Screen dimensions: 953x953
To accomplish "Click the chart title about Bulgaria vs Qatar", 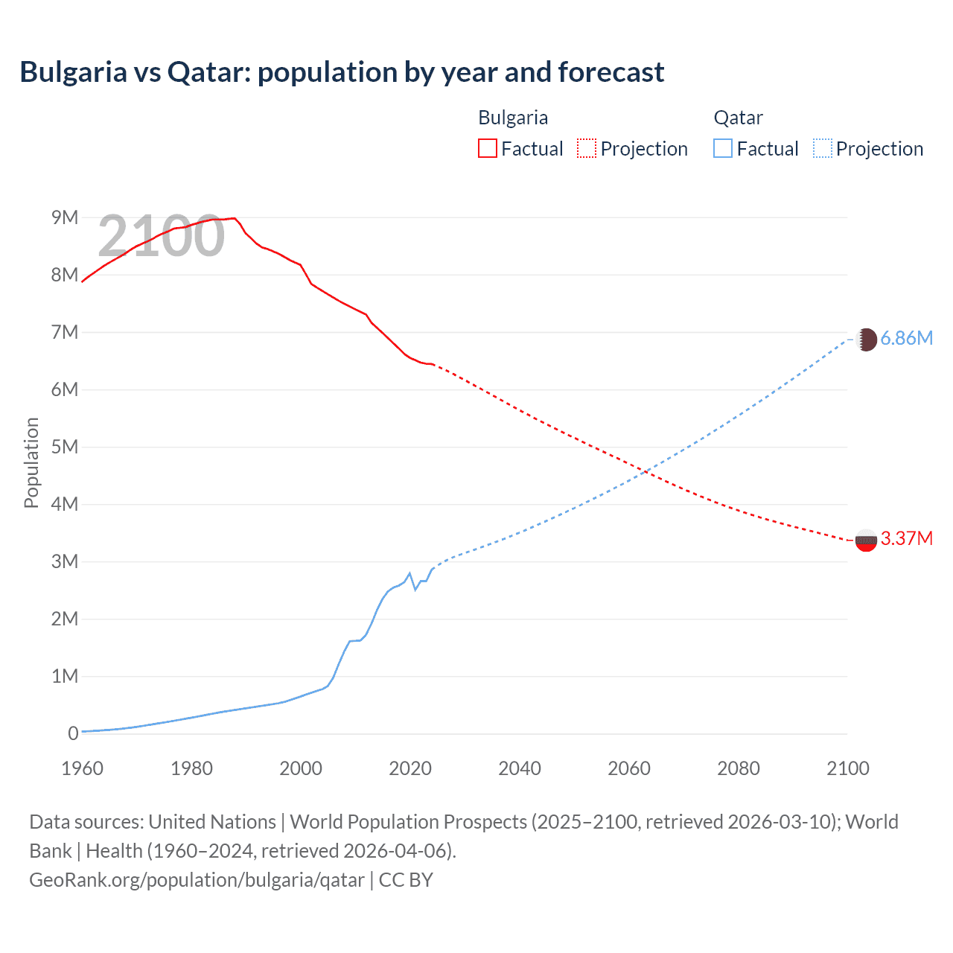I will click(342, 72).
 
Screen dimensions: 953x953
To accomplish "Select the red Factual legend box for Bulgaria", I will click(487, 148).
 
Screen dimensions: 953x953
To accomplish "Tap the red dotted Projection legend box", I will click(587, 148).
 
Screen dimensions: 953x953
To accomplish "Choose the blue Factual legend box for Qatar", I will click(723, 148).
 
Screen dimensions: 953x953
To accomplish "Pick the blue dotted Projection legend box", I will click(823, 148).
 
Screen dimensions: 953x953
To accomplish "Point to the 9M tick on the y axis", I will click(65, 217).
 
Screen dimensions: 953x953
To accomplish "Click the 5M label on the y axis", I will click(65, 447).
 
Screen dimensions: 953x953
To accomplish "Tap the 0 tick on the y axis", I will click(73, 733).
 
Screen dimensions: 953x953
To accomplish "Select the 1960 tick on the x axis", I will click(82, 768).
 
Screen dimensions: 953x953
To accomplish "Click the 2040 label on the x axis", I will click(520, 768).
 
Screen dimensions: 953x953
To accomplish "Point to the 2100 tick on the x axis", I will click(847, 768).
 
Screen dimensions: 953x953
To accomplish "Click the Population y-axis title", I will click(31, 462).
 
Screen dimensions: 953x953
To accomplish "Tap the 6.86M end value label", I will click(906, 339).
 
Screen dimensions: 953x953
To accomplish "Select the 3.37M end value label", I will click(906, 539).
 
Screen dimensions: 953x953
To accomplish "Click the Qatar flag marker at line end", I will click(866, 340).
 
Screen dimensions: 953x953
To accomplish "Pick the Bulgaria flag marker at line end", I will click(866, 540).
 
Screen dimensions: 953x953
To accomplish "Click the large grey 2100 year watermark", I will click(161, 236).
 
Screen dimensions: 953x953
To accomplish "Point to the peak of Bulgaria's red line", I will click(235, 218).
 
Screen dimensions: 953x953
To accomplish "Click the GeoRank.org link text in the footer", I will click(197, 880).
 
